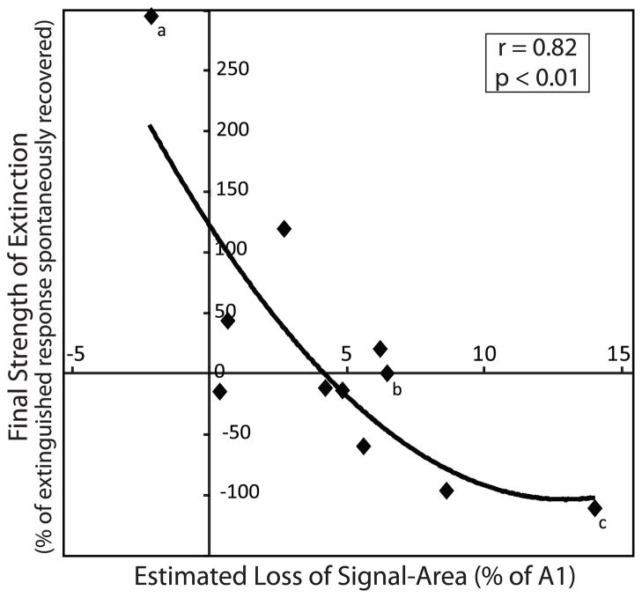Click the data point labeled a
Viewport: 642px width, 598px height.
pos(151,16)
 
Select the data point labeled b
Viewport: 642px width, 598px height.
pos(387,373)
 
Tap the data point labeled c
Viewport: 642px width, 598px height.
pos(594,508)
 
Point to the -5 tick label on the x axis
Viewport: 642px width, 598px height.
pos(77,355)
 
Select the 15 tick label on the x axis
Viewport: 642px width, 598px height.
pos(618,355)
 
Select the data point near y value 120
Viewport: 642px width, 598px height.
pos(284,229)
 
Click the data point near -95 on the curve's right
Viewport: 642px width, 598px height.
pos(446,491)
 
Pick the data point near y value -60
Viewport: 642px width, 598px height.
pos(363,447)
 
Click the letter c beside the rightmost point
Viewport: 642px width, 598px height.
pos(602,524)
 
